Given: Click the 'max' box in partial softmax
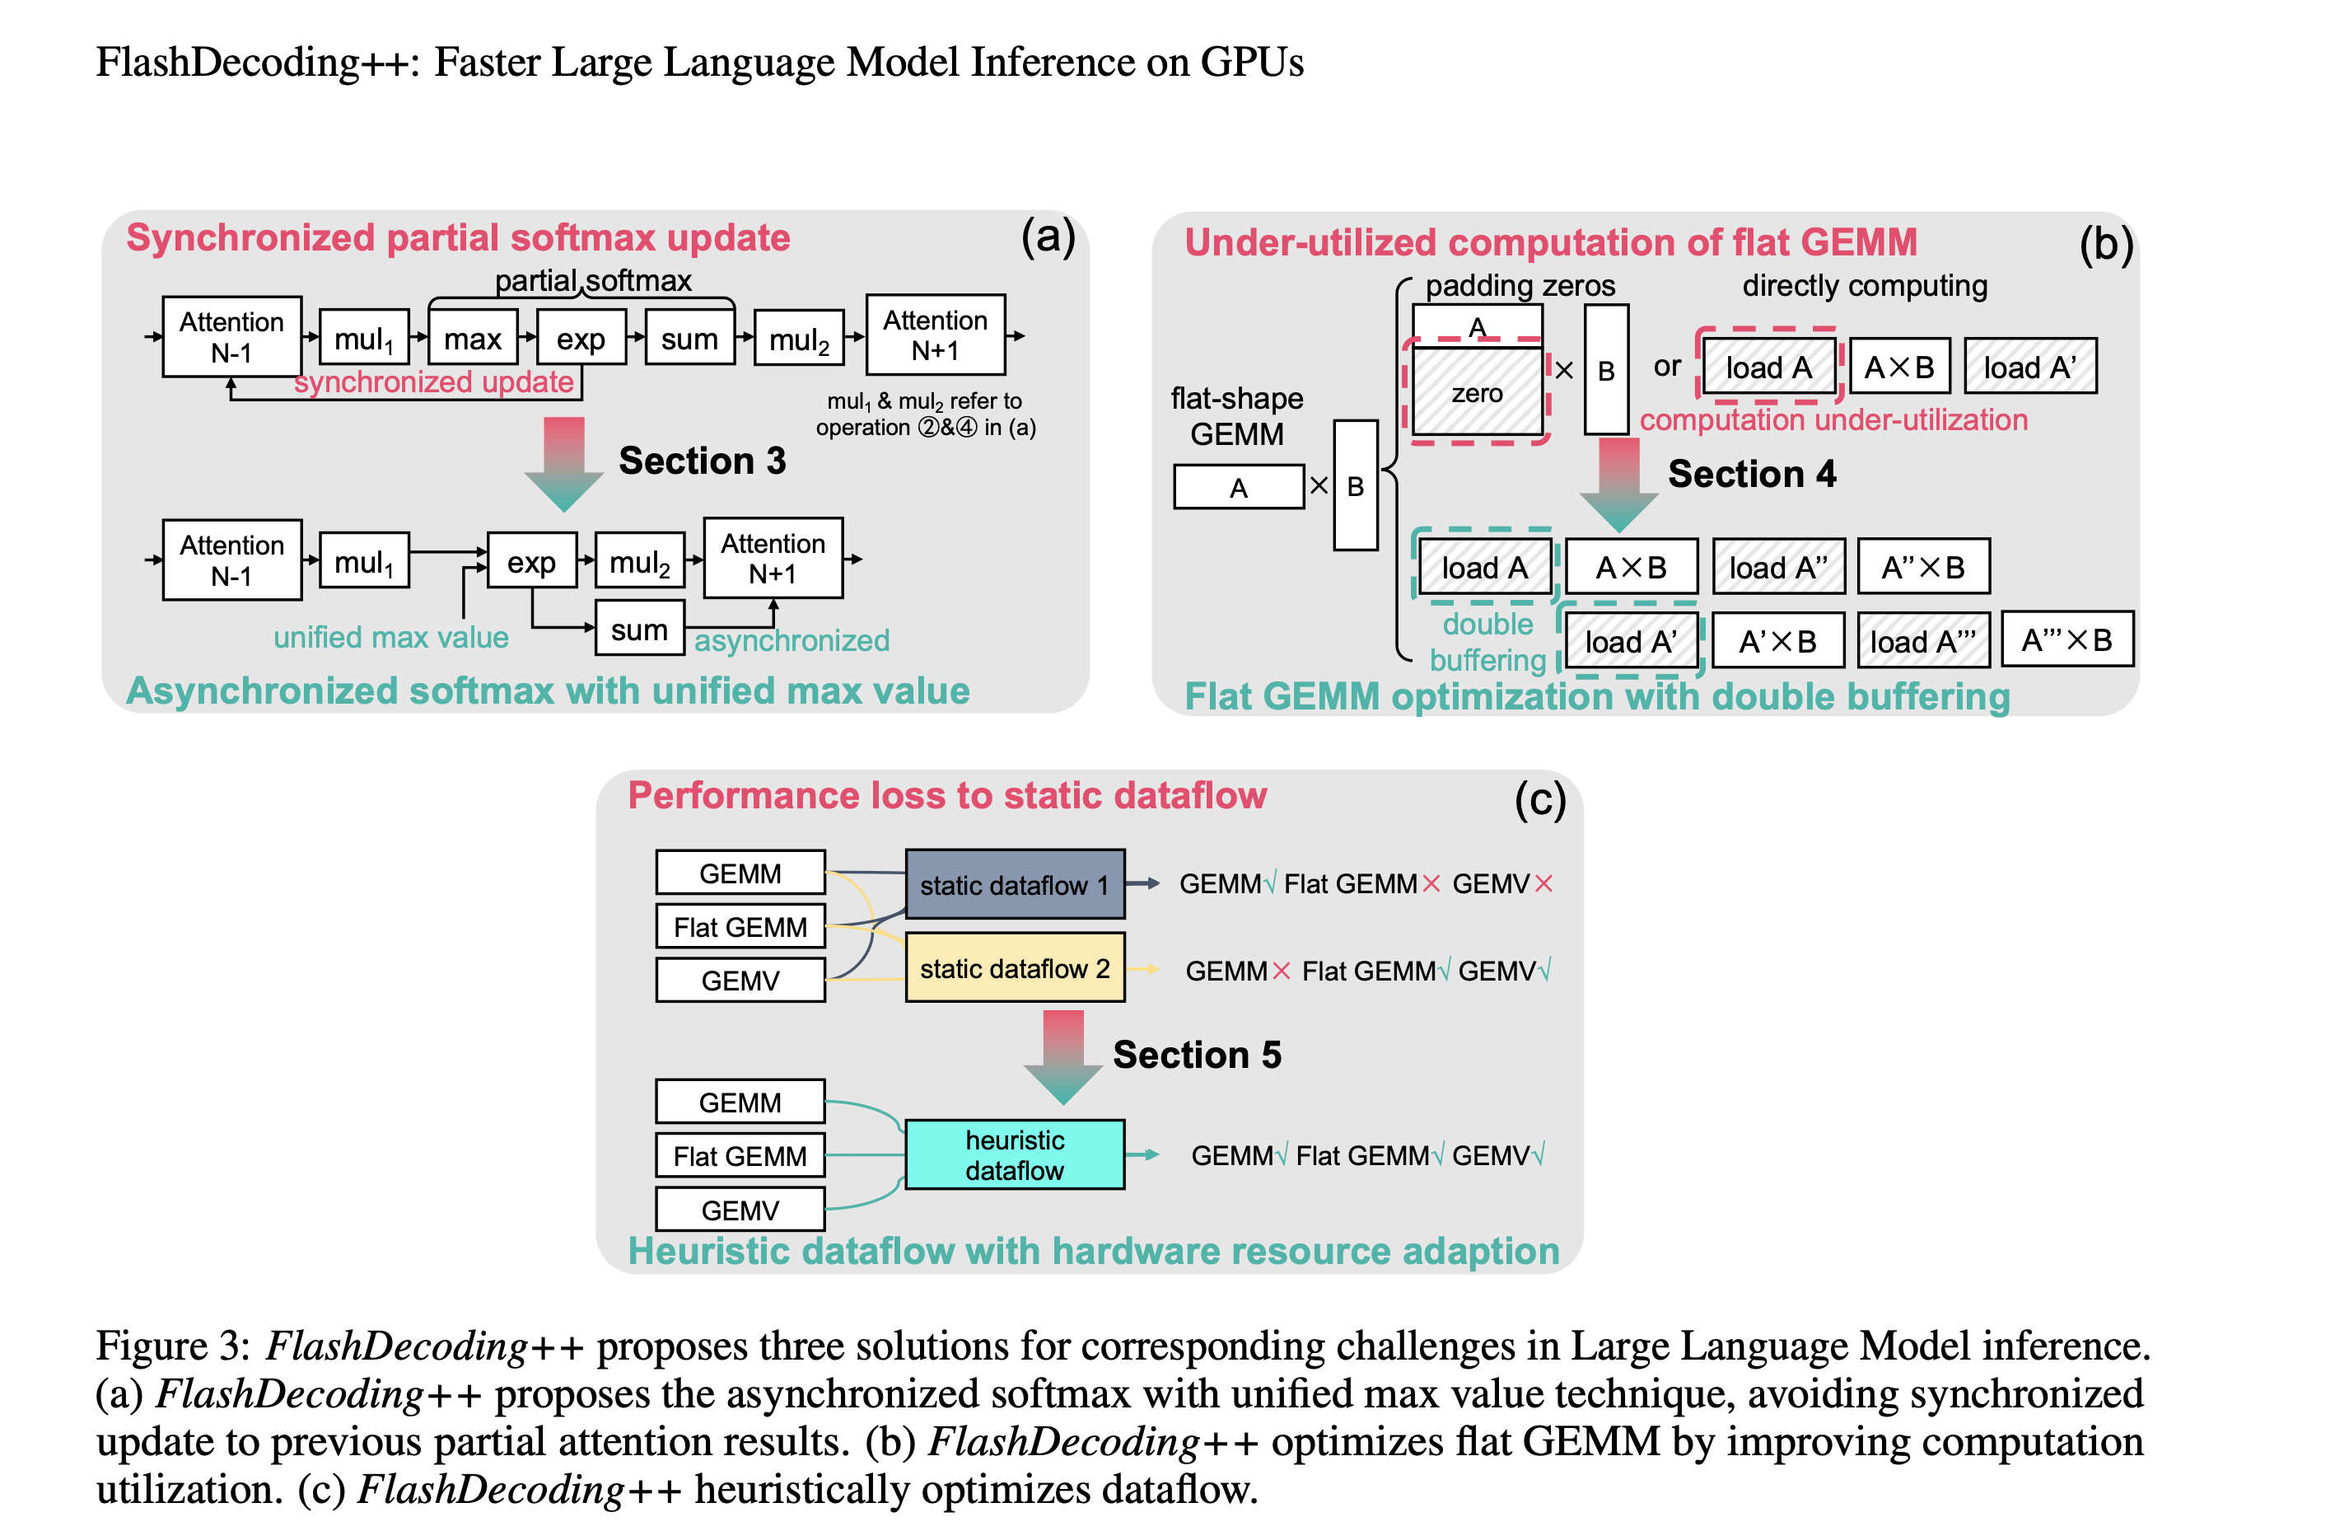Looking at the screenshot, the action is (x=473, y=338).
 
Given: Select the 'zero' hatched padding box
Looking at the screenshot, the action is (x=1478, y=392).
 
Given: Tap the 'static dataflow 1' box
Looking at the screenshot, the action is (x=1015, y=883).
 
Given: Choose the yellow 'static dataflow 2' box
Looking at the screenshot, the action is (x=1015, y=967).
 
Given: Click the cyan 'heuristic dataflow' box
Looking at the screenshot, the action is (x=1015, y=1154).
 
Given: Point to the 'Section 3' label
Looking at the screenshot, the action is (x=702, y=460).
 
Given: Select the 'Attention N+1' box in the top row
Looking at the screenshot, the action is (x=936, y=335).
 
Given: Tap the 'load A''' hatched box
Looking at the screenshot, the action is (x=1778, y=567).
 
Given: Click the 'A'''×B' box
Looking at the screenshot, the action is (x=2066, y=639).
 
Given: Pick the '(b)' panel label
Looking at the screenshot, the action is (x=2106, y=244).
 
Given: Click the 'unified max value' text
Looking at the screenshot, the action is (x=391, y=637).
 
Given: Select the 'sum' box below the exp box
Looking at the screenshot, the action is (x=640, y=629).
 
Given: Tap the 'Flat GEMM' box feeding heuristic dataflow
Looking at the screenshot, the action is (x=740, y=1155).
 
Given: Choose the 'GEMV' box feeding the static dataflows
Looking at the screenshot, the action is (x=740, y=981).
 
